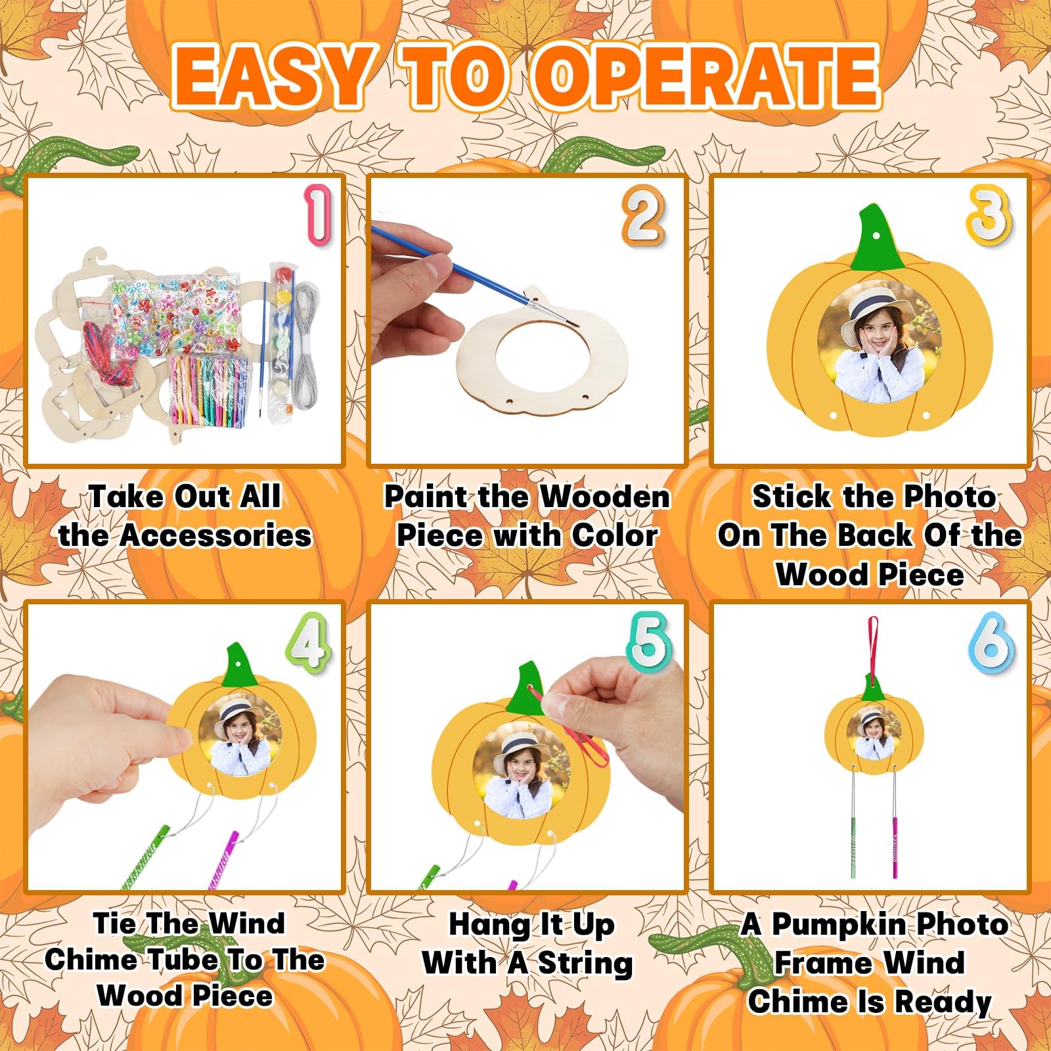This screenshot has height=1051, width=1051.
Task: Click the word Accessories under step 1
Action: pos(216,535)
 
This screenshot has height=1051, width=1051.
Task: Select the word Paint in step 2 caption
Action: pos(426,497)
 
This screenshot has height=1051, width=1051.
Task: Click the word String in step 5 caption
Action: pos(585,964)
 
